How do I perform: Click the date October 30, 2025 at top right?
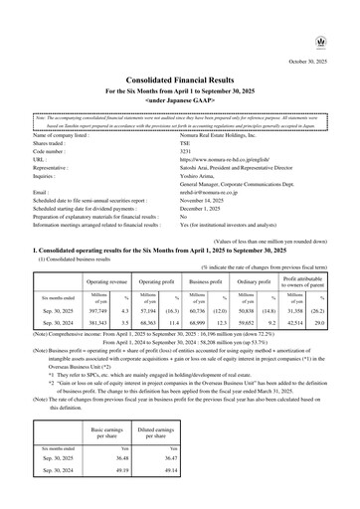[x=316, y=33]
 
